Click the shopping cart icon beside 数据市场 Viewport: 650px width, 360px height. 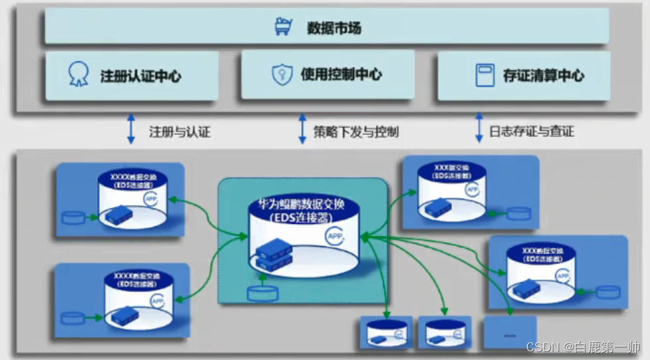[283, 28]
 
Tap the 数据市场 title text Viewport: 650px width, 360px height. [334, 28]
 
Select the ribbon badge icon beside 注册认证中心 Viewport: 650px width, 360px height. [78, 75]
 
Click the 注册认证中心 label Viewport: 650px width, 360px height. [141, 76]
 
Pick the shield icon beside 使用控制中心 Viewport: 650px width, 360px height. [282, 75]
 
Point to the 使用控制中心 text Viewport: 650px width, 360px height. [341, 75]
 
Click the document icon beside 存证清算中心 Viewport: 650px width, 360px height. [485, 75]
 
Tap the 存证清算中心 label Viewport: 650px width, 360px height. [543, 75]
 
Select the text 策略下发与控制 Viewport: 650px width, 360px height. [357, 131]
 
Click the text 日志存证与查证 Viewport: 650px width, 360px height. [532, 131]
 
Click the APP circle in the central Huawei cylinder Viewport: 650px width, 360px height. [336, 236]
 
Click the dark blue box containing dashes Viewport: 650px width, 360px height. [510, 332]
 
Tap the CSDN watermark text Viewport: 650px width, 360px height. [583, 347]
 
